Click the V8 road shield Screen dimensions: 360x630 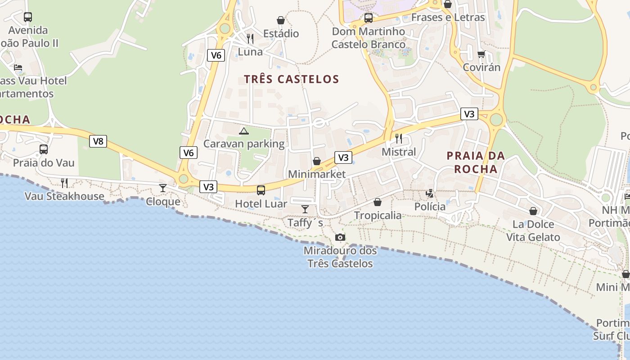tap(98, 141)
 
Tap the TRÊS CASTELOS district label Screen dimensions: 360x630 tap(291, 79)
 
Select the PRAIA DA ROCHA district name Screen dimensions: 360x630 tap(476, 162)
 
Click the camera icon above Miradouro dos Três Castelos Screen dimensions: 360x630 tap(340, 237)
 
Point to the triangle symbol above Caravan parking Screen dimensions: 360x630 tap(243, 131)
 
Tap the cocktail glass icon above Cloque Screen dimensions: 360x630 tap(163, 188)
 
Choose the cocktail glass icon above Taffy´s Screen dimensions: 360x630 tap(305, 209)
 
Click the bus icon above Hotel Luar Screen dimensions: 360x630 tap(261, 190)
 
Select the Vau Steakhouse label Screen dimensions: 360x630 tap(64, 196)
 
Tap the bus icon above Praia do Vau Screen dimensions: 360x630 tap(44, 149)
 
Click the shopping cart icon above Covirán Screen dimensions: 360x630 tap(481, 54)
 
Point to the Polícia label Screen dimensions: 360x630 tap(430, 207)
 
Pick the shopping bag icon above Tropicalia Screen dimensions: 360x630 tap(378, 202)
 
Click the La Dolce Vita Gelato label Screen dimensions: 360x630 tap(533, 230)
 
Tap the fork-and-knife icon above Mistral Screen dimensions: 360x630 tap(399, 138)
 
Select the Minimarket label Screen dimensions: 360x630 tap(317, 174)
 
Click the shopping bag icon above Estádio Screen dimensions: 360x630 tap(281, 20)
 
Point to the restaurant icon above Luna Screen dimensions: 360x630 tap(250, 38)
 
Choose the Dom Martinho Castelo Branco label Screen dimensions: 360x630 tap(369, 38)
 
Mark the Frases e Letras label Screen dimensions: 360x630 tap(448, 18)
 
